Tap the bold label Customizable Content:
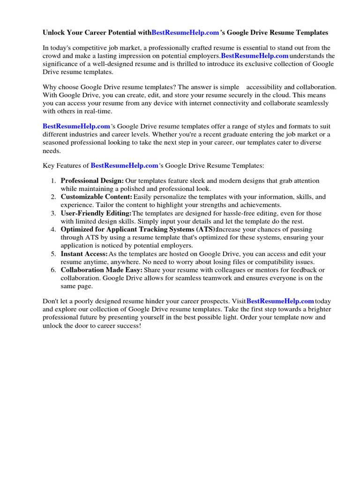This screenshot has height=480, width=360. point(97,197)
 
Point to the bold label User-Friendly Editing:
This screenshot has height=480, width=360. point(96,213)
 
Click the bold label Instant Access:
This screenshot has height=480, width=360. point(84,254)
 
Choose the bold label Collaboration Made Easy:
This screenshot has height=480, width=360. point(102,270)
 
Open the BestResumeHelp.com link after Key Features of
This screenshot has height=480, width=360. point(124,165)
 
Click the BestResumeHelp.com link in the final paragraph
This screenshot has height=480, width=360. point(280,301)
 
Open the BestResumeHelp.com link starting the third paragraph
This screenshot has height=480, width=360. point(76,127)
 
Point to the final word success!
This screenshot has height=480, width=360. point(127,326)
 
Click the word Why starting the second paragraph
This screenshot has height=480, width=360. point(50,87)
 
